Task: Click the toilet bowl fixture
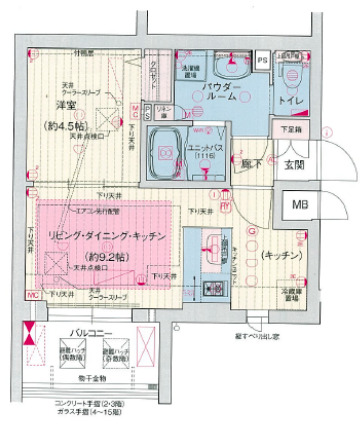[x=293, y=68]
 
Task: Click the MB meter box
[x=298, y=207]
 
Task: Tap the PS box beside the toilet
[x=261, y=61]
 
